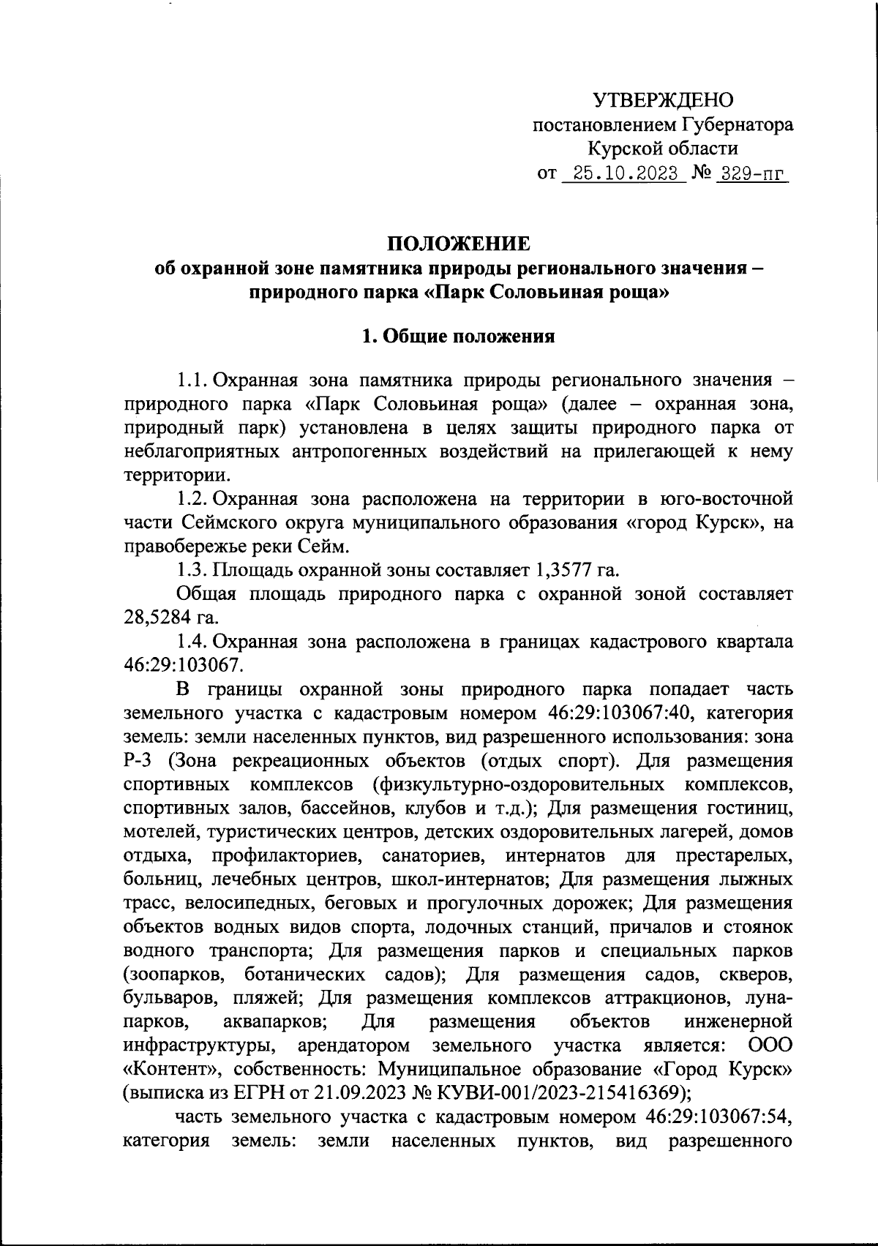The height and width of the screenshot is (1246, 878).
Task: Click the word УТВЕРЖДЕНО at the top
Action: coord(662,100)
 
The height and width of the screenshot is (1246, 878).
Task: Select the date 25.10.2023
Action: coord(622,174)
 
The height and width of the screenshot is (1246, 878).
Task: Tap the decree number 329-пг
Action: coord(753,174)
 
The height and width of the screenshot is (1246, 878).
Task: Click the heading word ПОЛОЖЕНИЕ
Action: coord(458,244)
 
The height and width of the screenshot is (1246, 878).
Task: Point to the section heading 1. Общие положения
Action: coord(459,337)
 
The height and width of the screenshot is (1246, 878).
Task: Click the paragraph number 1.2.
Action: coord(193,499)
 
